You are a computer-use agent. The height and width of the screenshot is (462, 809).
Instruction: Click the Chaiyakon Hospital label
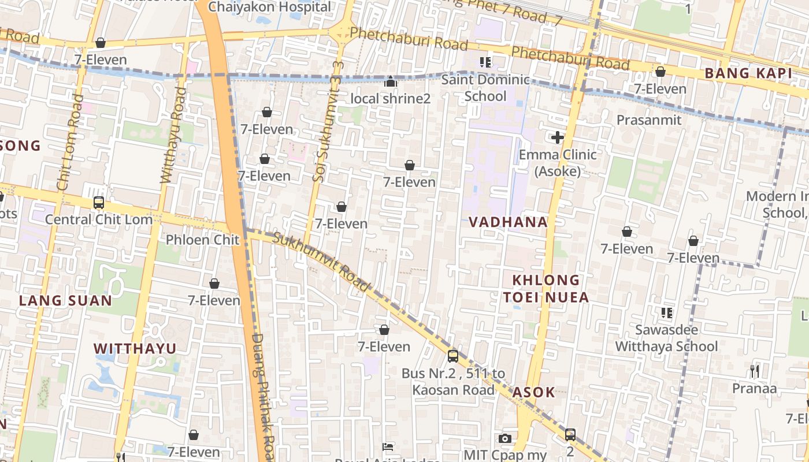270,7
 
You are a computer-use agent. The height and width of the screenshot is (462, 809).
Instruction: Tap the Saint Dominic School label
485,88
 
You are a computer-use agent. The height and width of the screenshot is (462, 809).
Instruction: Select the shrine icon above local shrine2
391,82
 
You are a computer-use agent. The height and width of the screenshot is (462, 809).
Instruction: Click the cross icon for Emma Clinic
558,137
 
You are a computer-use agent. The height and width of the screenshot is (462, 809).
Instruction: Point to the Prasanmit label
649,120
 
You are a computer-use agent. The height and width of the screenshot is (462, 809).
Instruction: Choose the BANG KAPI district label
748,73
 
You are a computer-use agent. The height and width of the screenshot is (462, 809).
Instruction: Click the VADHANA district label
508,222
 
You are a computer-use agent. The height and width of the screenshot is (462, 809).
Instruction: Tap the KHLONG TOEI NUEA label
545,289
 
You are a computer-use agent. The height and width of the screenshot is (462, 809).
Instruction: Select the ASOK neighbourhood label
533,392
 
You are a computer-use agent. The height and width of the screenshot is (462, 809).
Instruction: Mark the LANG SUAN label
65,300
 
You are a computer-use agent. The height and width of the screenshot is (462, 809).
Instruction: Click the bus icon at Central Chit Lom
99,203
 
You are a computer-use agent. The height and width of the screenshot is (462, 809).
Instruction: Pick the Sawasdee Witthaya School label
666,338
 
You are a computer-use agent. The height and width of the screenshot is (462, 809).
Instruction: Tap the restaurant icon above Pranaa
754,371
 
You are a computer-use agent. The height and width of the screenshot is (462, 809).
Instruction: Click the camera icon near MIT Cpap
505,438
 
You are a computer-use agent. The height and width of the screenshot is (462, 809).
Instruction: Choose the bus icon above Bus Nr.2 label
453,356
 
